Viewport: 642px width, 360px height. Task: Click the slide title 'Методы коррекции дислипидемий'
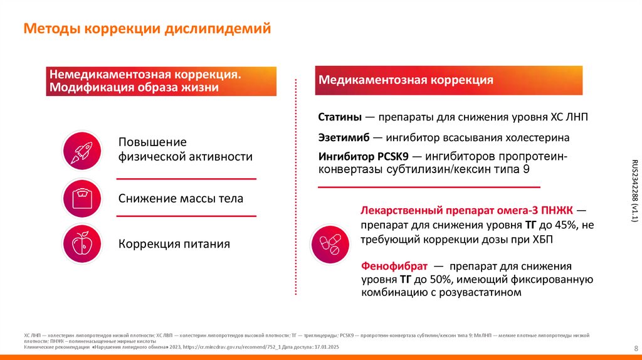(147, 29)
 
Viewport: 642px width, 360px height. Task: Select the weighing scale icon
(82, 198)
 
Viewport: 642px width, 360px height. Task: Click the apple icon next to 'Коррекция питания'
(82, 243)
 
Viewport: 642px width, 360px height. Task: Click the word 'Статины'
(339, 117)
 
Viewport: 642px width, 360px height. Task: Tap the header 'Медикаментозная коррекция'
(406, 80)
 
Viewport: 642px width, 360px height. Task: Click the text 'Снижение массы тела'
(181, 199)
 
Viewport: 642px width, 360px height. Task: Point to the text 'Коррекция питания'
(174, 244)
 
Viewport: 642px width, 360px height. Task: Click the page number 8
(636, 349)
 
